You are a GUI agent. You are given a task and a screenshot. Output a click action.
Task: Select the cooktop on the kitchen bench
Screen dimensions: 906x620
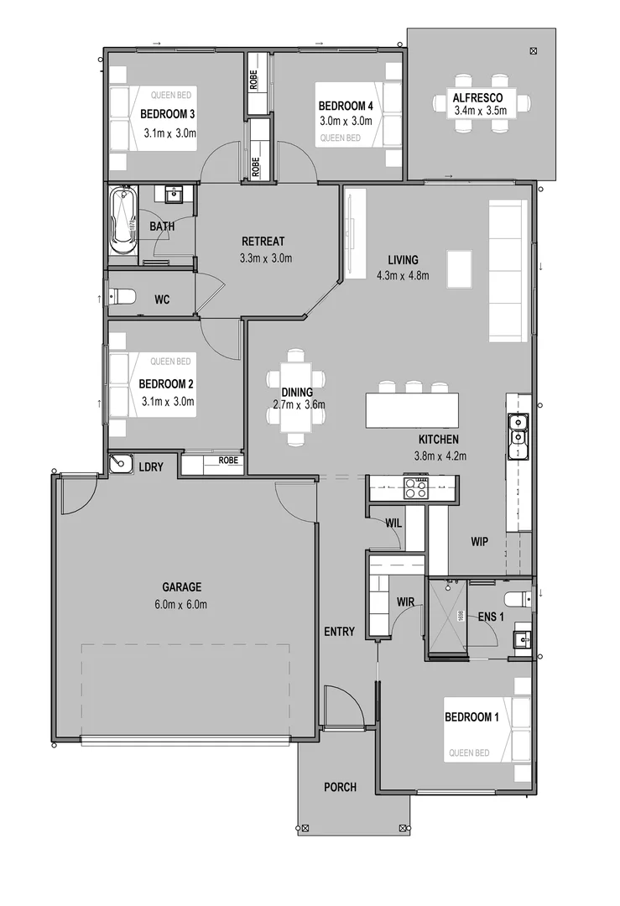[416, 487]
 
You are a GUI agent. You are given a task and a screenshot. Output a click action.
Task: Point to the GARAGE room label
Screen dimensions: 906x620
[182, 587]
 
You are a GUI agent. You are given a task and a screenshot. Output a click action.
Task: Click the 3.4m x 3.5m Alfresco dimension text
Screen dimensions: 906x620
[482, 110]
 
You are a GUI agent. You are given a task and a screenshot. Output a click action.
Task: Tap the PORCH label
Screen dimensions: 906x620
[340, 787]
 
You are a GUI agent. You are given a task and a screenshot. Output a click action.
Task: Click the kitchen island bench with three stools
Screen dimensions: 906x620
[413, 410]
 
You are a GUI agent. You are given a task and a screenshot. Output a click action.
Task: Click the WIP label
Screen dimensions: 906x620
[479, 542]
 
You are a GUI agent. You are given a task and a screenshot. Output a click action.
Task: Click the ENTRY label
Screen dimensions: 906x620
[339, 632]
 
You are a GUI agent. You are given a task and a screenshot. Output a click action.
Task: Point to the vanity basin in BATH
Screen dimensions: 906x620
[175, 195]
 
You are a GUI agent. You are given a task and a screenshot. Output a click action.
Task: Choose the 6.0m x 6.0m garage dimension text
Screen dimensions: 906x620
[182, 605]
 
